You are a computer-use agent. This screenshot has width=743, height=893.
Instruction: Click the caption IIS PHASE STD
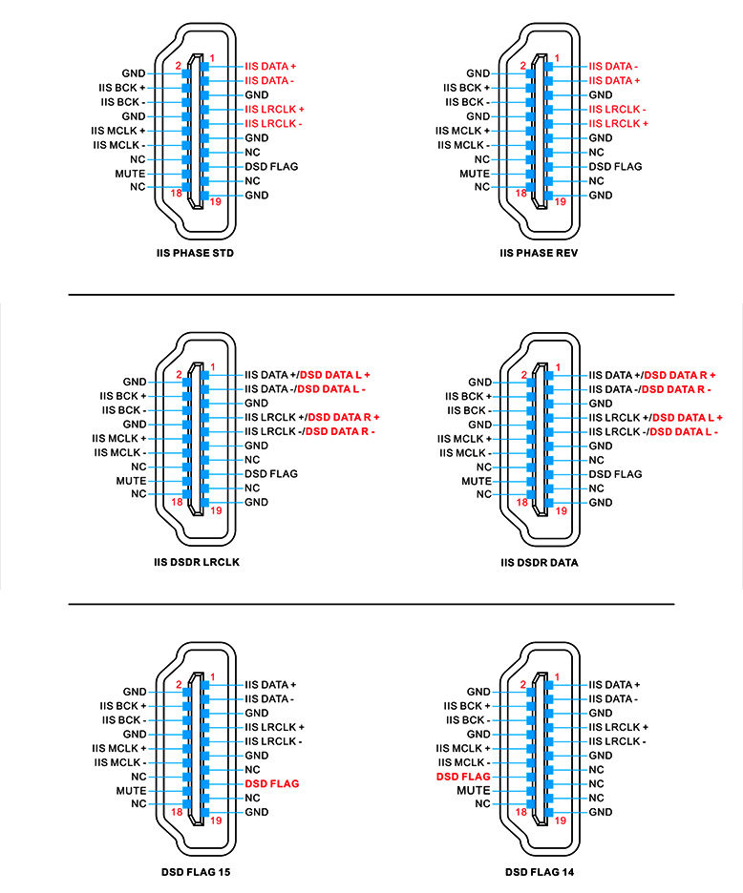coord(195,254)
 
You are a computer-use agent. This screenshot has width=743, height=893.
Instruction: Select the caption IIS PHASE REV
coord(539,254)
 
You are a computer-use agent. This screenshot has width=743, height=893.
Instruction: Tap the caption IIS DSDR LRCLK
coord(196,562)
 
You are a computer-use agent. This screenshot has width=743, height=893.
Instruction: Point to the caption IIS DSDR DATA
coord(539,562)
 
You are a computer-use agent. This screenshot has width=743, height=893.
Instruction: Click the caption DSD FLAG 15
coord(196,871)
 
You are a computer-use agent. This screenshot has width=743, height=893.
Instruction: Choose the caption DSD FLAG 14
coord(540,871)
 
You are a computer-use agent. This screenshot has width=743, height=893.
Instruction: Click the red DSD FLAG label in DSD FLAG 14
coord(463,777)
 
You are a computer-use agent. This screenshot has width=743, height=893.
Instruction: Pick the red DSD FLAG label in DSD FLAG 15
coord(272,783)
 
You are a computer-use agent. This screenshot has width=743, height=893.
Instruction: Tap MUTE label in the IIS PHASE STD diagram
coord(129,174)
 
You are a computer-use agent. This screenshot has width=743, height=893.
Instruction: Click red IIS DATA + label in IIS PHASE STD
coord(270,66)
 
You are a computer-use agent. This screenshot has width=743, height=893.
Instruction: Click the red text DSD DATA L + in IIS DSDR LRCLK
coord(335,375)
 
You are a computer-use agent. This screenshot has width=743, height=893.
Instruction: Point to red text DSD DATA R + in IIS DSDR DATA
coord(680,375)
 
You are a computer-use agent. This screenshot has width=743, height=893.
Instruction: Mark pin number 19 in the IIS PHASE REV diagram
coord(561,201)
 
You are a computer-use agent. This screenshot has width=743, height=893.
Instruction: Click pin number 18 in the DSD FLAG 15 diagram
coord(175,812)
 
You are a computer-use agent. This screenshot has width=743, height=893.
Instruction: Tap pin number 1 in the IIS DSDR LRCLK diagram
coord(212,367)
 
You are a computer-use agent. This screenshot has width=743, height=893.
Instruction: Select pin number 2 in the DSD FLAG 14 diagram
coord(522,684)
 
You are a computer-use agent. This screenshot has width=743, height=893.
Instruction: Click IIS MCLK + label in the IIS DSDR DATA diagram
coord(464,439)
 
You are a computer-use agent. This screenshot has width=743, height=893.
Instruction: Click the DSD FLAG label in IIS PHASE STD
coord(271,166)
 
